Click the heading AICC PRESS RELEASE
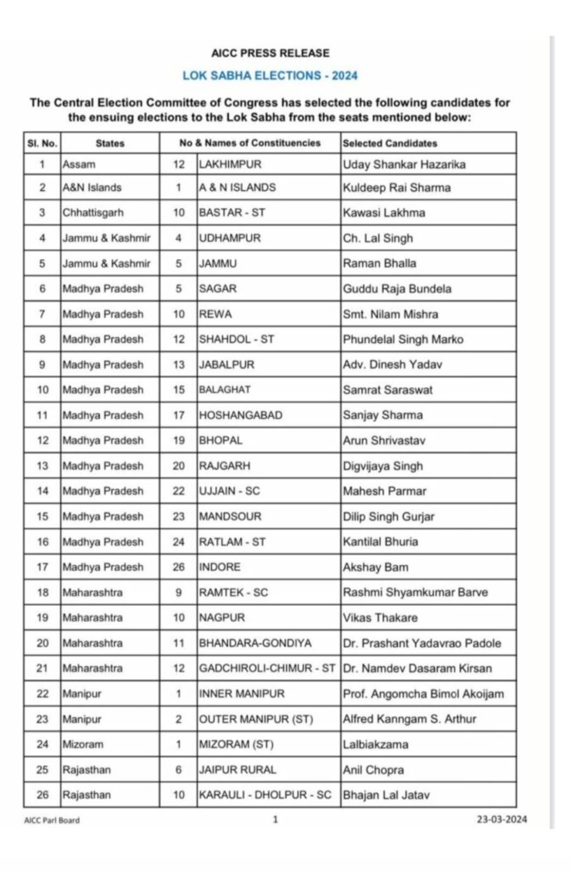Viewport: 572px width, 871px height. [x=270, y=53]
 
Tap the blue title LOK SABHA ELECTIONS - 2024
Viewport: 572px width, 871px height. [x=270, y=76]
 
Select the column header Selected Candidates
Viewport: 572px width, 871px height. [x=390, y=143]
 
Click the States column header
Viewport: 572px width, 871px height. [x=110, y=143]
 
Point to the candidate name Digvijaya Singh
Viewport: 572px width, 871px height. [x=383, y=466]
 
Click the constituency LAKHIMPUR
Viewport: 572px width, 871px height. [x=230, y=165]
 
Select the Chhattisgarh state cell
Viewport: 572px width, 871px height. [x=93, y=212]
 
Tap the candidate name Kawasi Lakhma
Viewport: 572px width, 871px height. [x=384, y=212]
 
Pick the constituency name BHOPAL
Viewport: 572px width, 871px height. [x=221, y=440]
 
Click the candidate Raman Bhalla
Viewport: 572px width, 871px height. [x=380, y=263]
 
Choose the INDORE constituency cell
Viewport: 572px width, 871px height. [x=220, y=567]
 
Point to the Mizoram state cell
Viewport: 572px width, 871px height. [x=83, y=744]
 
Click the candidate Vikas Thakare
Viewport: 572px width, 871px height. [x=380, y=618]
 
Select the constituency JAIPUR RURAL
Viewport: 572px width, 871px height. [x=238, y=770]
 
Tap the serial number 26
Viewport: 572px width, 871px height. [x=42, y=795]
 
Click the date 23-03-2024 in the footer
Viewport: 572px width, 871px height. [x=502, y=819]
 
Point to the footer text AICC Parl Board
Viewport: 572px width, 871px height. [x=52, y=820]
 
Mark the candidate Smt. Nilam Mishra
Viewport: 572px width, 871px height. [x=391, y=314]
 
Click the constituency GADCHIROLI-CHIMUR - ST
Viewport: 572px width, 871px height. [x=267, y=668]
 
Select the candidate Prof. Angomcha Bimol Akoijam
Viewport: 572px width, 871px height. [x=423, y=694]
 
